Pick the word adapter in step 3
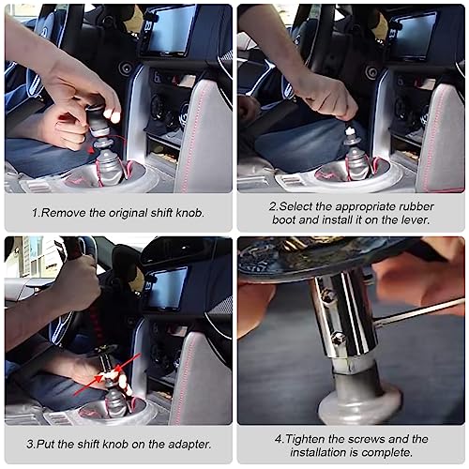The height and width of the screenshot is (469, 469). point(177,445)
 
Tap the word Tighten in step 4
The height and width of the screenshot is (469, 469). point(304,438)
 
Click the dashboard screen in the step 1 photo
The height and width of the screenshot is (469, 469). point(171,31)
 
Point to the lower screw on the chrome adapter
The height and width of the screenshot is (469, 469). point(338,338)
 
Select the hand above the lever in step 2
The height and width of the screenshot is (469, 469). point(324,94)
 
